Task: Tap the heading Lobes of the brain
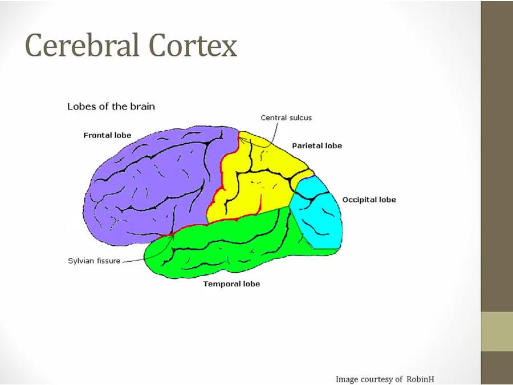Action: click(x=111, y=107)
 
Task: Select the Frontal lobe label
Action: click(x=107, y=136)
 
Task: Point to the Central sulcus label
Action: click(x=286, y=118)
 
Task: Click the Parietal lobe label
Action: click(x=317, y=146)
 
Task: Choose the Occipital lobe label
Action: click(x=369, y=200)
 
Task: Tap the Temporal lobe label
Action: click(x=231, y=284)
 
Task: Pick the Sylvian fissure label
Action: click(x=94, y=262)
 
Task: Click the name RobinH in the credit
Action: click(x=424, y=379)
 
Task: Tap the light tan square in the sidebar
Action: click(x=496, y=331)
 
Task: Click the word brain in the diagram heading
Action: click(x=143, y=107)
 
